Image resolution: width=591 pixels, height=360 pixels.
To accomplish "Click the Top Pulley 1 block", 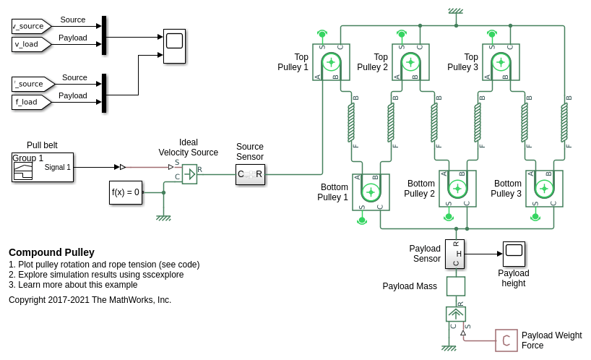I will coord(331,62).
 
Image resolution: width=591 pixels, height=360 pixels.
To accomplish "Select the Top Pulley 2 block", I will coord(410,62).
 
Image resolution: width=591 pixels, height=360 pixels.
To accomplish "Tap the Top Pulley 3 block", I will coord(501,62).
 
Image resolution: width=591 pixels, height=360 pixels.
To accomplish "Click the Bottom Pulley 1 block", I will coord(371,192).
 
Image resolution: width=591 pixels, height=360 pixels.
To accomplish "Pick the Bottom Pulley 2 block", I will coord(457,189).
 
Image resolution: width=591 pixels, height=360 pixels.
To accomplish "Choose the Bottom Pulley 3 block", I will coord(544,189).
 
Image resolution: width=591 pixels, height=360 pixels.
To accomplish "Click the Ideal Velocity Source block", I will coord(189,173).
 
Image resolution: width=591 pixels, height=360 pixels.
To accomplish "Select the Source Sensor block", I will coord(250,174).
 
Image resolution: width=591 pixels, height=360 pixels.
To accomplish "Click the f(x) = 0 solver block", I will coord(126,192).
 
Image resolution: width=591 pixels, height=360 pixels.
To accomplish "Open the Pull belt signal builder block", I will coord(43,167).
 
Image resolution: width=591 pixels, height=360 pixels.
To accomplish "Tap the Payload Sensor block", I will coord(454,254).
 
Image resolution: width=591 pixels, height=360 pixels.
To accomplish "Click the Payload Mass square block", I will coord(456,286).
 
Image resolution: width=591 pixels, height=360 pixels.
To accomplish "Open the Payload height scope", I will coord(514,254).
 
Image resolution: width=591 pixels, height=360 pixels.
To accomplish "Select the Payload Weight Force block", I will coord(506,340).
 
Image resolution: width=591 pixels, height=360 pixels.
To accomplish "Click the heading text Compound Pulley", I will coord(51,252).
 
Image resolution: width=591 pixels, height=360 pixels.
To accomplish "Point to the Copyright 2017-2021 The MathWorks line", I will coord(90,299).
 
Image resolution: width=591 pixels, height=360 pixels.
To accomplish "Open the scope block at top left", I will coord(174,46).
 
